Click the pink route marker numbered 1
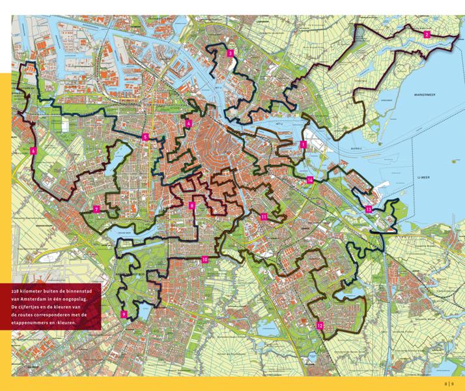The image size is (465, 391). [x=303, y=145]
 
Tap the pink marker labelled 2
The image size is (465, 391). [x=427, y=35]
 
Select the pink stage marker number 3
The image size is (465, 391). [x=231, y=54]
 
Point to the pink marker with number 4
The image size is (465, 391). [x=188, y=123]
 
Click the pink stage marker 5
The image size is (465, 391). [x=145, y=137]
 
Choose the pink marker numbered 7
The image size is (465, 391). [x=96, y=209]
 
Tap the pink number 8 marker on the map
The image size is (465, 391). [x=191, y=205]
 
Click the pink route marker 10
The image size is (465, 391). [x=204, y=259]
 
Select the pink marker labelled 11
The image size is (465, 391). [x=263, y=216]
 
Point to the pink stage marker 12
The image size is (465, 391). [x=319, y=325]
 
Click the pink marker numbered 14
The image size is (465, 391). [x=310, y=179]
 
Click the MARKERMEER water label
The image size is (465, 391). [x=427, y=94]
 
